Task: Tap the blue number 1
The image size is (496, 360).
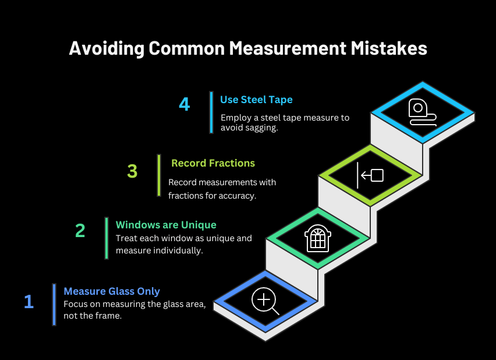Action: click(x=29, y=302)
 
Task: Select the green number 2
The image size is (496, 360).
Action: click(x=80, y=231)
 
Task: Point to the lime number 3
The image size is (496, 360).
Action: click(x=132, y=171)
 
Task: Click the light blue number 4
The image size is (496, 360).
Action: click(x=185, y=104)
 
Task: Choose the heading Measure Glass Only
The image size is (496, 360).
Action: click(x=112, y=291)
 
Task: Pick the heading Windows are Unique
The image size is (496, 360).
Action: click(x=166, y=225)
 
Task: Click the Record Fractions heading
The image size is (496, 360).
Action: click(x=213, y=163)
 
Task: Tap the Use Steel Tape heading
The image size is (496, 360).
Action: click(x=256, y=100)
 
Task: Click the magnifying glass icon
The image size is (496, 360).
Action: click(x=265, y=301)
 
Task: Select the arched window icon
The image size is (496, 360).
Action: click(x=318, y=238)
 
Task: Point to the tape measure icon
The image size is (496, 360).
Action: click(x=421, y=112)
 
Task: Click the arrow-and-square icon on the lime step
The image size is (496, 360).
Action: click(x=370, y=175)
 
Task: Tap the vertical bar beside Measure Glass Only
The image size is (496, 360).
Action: click(x=54, y=305)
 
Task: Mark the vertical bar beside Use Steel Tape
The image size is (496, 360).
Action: click(x=211, y=112)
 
